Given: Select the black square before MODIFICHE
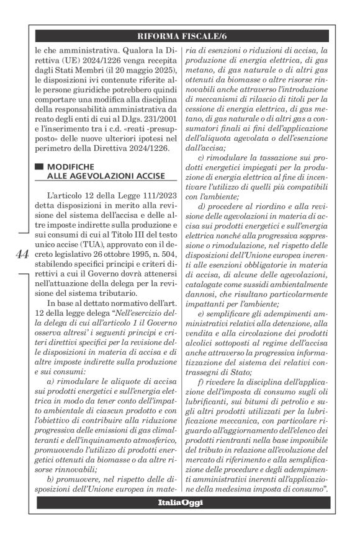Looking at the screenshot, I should [40, 167].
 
